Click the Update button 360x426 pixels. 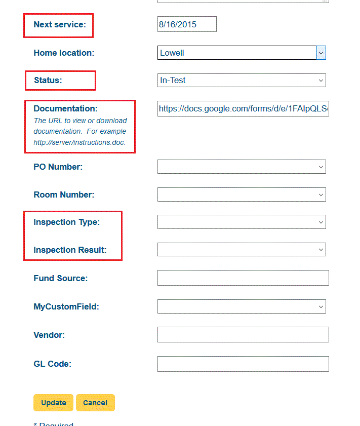[x=54, y=403]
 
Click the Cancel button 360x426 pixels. [x=95, y=403]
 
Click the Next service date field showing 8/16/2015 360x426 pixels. [x=187, y=24]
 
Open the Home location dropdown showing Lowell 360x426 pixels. [x=237, y=53]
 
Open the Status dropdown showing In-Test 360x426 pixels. [x=241, y=80]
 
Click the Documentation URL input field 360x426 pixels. [x=243, y=108]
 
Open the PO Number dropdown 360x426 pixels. [x=241, y=167]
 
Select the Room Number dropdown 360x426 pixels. [x=241, y=195]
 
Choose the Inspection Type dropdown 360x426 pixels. [x=241, y=222]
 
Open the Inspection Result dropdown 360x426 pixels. [x=241, y=250]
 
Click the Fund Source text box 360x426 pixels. [x=243, y=278]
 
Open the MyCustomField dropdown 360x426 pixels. [x=241, y=306]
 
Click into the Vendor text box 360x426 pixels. [x=243, y=334]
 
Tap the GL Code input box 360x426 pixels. [x=243, y=364]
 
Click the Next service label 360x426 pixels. [x=60, y=24]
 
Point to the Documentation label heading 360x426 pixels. [x=65, y=108]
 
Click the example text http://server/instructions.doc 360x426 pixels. [x=79, y=142]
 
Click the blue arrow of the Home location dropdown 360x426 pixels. [x=321, y=53]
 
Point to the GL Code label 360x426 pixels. [x=52, y=364]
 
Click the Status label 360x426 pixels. [x=48, y=80]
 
